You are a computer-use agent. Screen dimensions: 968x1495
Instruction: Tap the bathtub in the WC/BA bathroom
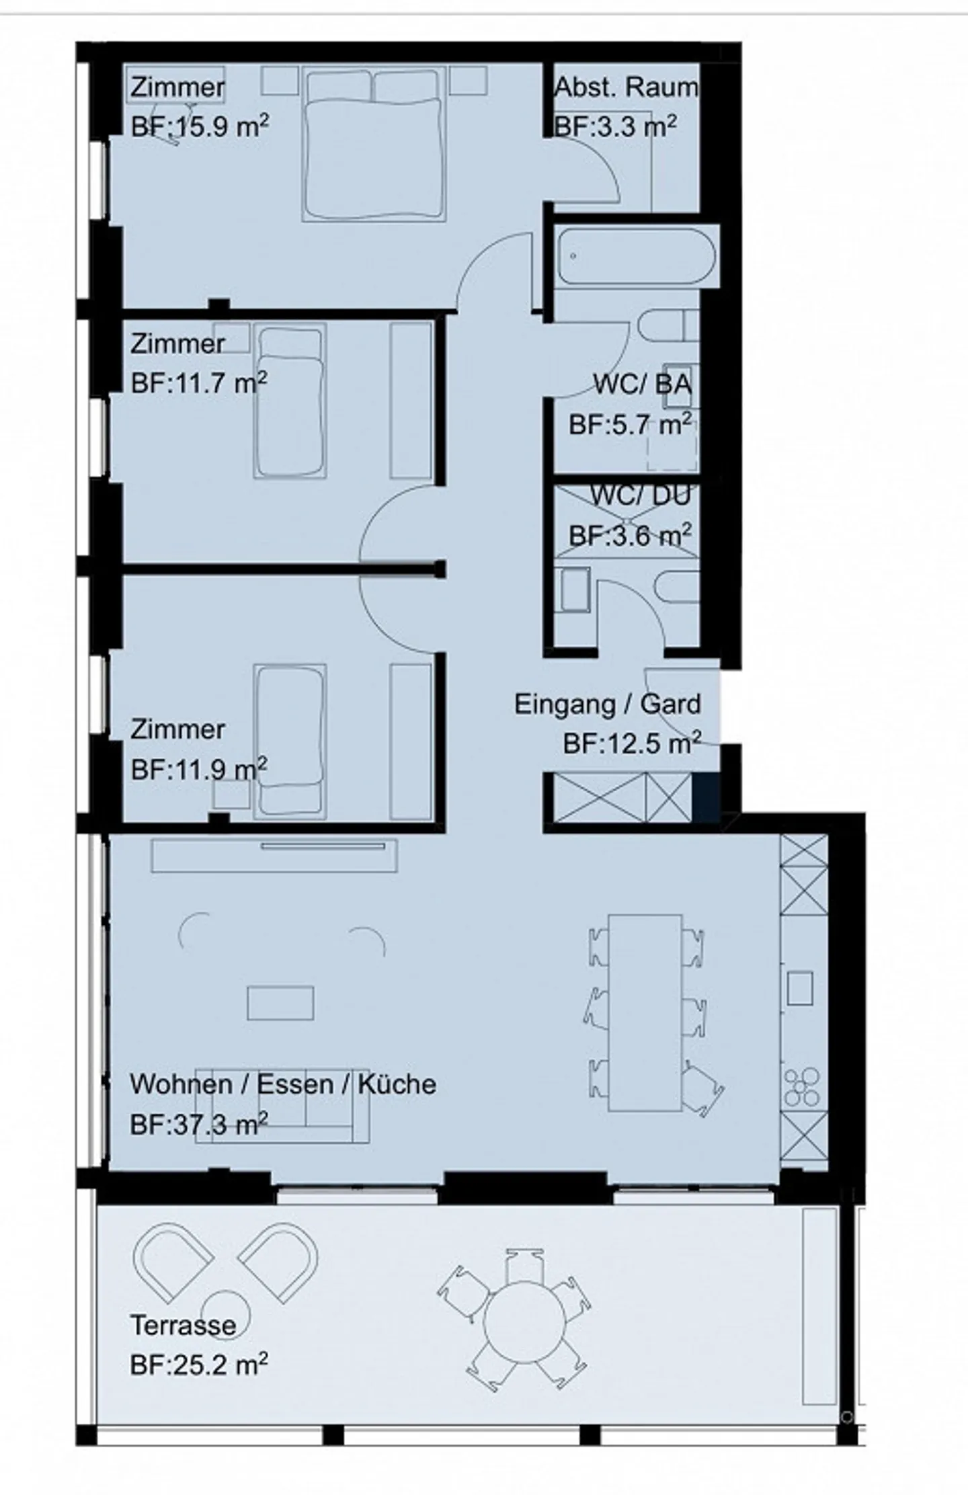tap(636, 257)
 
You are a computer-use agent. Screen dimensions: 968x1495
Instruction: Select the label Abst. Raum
tap(626, 87)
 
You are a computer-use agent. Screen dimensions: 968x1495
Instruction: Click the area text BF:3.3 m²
tap(615, 126)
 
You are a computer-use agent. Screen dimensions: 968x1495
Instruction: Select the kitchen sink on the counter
tap(800, 987)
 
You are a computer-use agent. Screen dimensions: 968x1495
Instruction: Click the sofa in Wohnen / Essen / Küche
tap(282, 1106)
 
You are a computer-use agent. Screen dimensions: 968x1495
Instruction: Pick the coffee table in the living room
tap(280, 1003)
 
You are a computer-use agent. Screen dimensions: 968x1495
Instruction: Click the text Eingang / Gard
tap(608, 704)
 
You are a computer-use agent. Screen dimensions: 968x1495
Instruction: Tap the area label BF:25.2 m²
tap(200, 1365)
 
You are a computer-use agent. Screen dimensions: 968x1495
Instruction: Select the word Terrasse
tap(184, 1326)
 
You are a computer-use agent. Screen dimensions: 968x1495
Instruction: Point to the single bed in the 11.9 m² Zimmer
tap(290, 741)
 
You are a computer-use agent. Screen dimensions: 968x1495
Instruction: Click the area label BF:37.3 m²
tap(200, 1123)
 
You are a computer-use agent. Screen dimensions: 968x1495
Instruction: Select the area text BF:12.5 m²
tap(632, 743)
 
